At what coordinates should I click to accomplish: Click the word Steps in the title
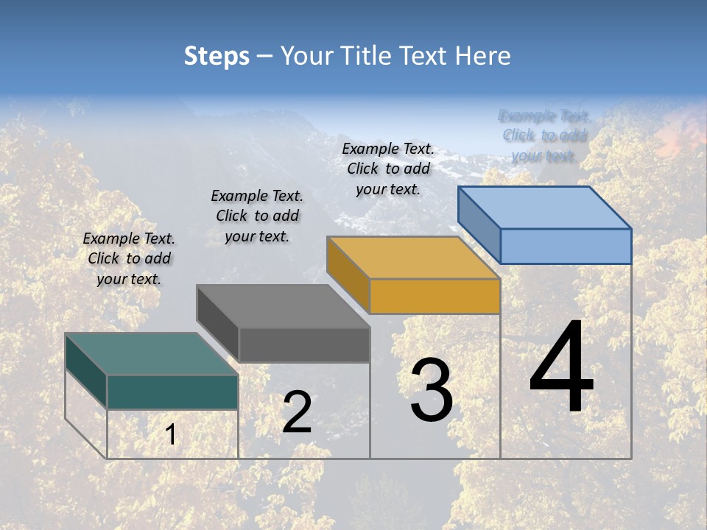(x=217, y=56)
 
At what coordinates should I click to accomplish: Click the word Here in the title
(x=482, y=56)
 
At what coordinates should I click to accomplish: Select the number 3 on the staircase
(x=432, y=390)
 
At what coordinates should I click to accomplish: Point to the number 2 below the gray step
(x=297, y=412)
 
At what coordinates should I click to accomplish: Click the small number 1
(x=170, y=435)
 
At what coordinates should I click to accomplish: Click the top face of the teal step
(x=151, y=354)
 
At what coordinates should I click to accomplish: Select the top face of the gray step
(x=283, y=306)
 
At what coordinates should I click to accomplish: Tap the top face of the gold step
(x=413, y=258)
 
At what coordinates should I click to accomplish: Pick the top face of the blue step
(x=545, y=208)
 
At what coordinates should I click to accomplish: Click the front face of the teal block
(x=172, y=392)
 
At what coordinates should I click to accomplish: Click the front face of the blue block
(x=566, y=246)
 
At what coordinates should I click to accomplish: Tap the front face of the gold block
(x=435, y=297)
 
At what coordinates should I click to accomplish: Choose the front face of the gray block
(x=304, y=344)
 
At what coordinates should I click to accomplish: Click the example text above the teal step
(x=129, y=258)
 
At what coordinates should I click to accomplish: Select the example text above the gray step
(x=257, y=216)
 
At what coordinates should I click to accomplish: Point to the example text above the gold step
(x=388, y=169)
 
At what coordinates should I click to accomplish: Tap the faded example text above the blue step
(x=544, y=135)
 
